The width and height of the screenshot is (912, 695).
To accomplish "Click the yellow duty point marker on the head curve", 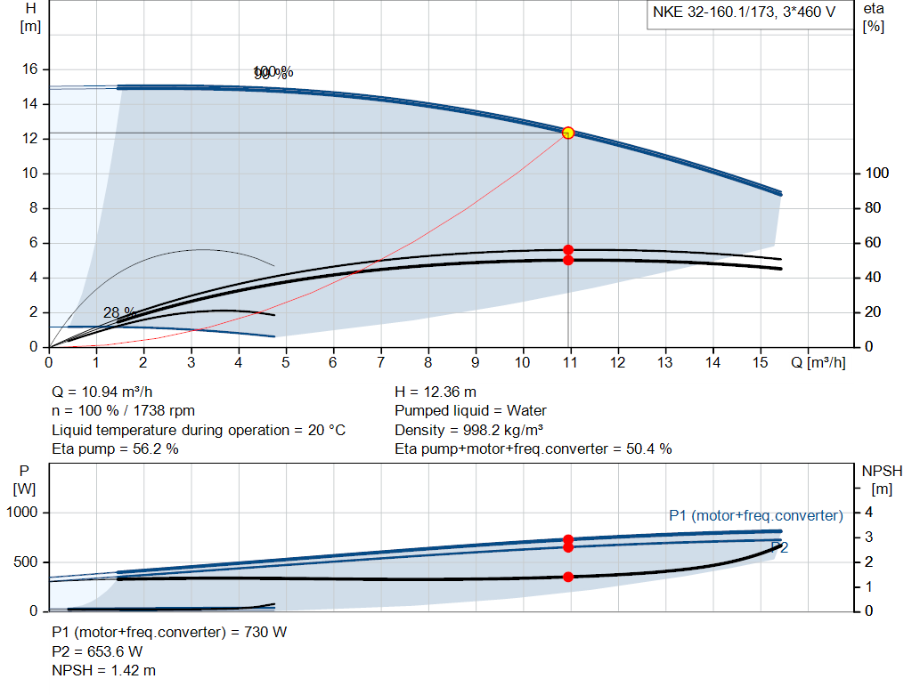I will point(568,133).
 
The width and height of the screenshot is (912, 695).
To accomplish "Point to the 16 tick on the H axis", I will point(29,69).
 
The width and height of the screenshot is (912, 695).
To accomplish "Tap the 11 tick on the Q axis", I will point(570,362).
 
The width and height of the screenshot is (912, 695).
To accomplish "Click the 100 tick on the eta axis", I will point(877,174).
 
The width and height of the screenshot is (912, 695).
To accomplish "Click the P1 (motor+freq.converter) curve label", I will point(755,515).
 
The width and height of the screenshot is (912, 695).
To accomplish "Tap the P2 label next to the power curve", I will point(779,548).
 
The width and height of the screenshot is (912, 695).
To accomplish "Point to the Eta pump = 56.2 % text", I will point(115,449).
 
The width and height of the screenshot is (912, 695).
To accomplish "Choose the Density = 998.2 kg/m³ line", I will point(470,430).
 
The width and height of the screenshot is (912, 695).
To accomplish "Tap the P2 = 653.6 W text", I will point(97,651).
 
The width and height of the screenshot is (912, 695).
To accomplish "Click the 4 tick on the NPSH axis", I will point(868,513).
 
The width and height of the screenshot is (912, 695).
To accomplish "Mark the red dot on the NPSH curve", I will point(568,577).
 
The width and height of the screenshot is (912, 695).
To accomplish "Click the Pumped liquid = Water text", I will point(470,411).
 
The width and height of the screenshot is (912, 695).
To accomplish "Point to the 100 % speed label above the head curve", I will point(273,72).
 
